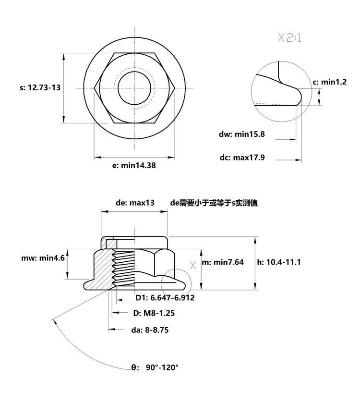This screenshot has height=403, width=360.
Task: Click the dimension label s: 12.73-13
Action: point(40,87)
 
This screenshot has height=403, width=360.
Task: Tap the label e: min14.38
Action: point(134,165)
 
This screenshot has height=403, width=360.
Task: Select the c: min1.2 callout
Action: point(330,82)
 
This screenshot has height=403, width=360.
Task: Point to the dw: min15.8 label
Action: point(241,134)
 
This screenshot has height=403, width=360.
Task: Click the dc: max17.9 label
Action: point(242,157)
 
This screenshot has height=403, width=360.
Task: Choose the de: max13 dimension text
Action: point(135,203)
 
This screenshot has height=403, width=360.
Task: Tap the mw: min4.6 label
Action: point(43,258)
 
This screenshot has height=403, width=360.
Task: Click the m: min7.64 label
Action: point(222,262)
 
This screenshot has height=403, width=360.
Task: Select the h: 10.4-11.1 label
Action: point(279,262)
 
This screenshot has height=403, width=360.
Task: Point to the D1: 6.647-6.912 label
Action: point(165,298)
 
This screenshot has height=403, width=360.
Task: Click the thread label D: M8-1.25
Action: point(154,313)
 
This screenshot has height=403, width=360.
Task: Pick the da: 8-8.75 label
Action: point(150,330)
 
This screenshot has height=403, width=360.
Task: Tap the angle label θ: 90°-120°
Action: point(155,367)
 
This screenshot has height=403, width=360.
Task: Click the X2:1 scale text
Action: point(289,38)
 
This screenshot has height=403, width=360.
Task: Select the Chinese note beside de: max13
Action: point(214,203)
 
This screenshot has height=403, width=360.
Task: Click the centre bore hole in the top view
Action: point(134,88)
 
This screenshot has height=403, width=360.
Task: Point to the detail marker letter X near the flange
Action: point(192,265)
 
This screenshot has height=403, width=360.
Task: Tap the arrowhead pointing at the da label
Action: point(112,329)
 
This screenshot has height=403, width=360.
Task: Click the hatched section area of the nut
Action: point(102,270)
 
